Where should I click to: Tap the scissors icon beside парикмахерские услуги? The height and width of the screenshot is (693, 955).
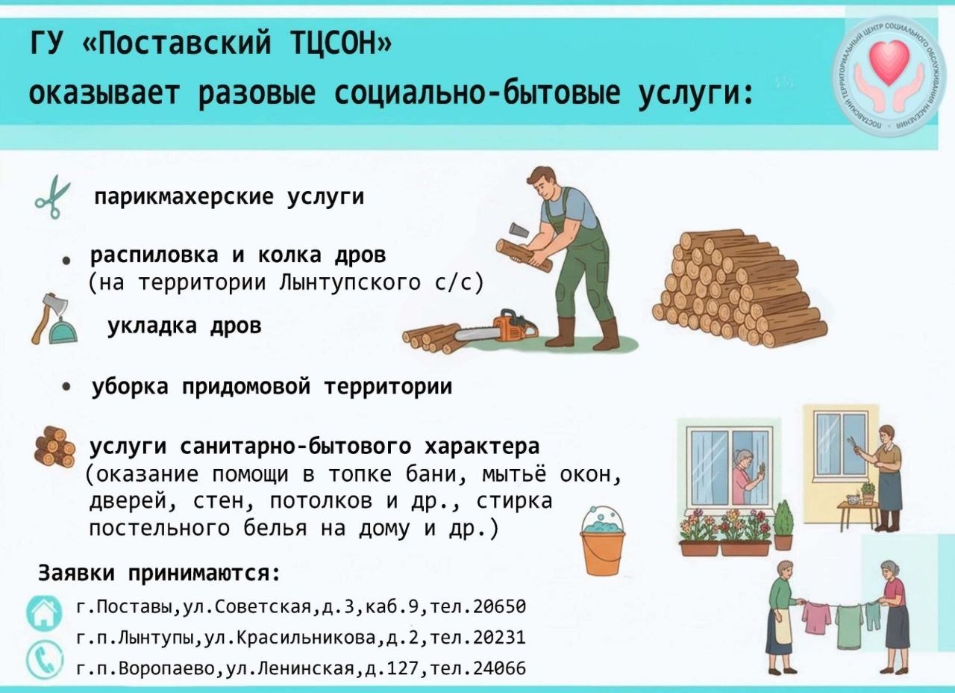[53, 197]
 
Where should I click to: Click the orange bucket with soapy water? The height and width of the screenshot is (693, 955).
[602, 541]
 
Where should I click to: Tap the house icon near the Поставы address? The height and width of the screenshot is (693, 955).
[43, 614]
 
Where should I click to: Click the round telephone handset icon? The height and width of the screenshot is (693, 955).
[44, 661]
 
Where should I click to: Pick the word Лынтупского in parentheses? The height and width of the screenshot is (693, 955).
[350, 282]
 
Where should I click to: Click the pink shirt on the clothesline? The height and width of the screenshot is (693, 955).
[815, 618]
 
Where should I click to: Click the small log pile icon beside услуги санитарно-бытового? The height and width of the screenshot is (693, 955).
[55, 447]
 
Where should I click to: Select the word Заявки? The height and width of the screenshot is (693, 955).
[76, 573]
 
